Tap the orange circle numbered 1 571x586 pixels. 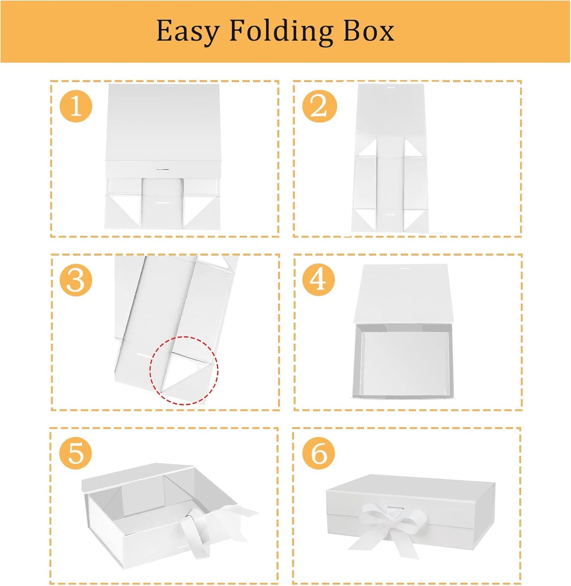(76, 107)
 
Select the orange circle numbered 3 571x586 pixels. (76, 280)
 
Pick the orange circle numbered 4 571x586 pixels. (319, 280)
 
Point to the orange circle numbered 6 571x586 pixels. (319, 454)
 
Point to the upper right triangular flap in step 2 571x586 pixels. (412, 149)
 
